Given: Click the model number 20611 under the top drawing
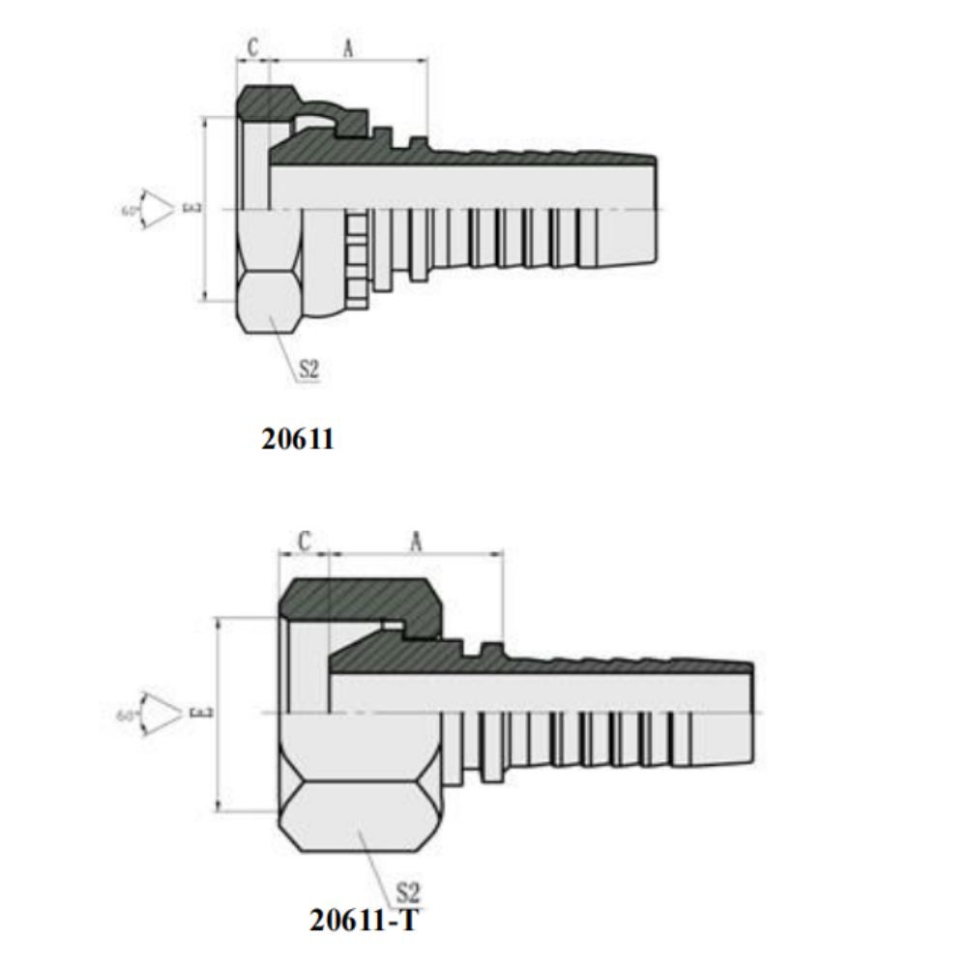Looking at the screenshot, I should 297,439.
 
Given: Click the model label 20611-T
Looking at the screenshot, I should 365,919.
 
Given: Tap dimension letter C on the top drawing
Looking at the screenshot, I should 252,47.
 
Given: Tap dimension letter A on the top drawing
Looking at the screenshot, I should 347,47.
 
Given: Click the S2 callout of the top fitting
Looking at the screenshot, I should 308,368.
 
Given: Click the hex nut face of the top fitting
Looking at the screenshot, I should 271,300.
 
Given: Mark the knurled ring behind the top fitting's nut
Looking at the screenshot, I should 356,257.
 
